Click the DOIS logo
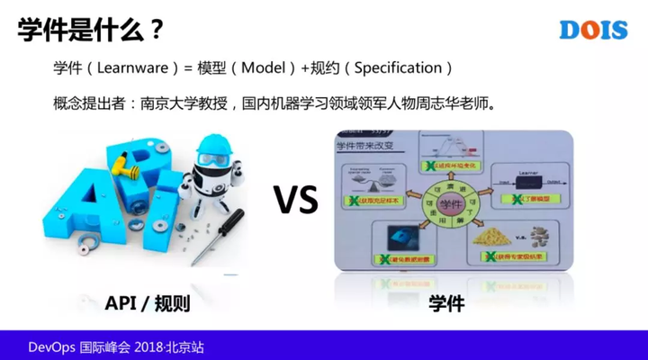point(592,29)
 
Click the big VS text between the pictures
point(297,201)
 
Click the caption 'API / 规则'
point(148,302)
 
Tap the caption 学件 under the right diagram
point(446,302)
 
